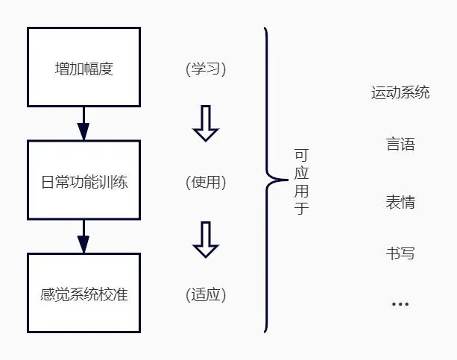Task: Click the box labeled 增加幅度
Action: coord(83,66)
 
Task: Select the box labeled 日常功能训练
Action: coord(83,181)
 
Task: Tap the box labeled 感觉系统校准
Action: coord(83,293)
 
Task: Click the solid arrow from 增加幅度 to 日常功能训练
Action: coord(83,123)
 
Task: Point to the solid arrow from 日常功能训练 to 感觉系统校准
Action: coord(83,236)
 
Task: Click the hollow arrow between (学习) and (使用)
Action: coord(206,123)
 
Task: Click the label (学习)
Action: coord(206,69)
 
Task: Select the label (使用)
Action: coord(206,182)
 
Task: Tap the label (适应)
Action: coord(206,294)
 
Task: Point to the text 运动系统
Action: coord(400,93)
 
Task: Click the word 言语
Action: coord(400,144)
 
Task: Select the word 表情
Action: coord(400,202)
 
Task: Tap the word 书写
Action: coord(400,253)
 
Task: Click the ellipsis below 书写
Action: coord(400,304)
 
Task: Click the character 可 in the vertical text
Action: coord(301,155)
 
